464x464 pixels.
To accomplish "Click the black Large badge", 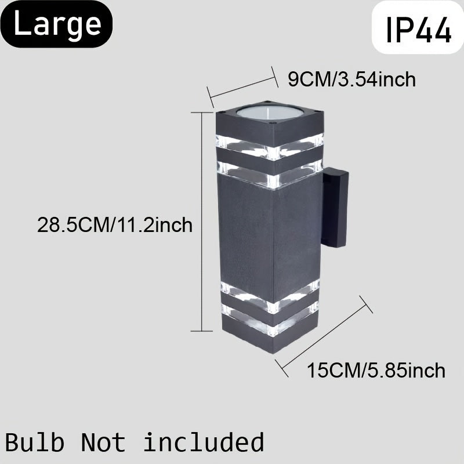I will coord(57,24).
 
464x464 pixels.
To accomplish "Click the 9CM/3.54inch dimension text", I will coord(352,79).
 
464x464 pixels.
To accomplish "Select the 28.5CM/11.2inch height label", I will coord(114,224).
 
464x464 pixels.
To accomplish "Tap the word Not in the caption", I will coord(103,442).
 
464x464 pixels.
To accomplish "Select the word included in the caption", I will coord(203,442).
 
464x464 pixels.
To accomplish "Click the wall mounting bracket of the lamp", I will coord(335,208).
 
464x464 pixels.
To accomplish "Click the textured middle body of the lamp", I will coord(270,232).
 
